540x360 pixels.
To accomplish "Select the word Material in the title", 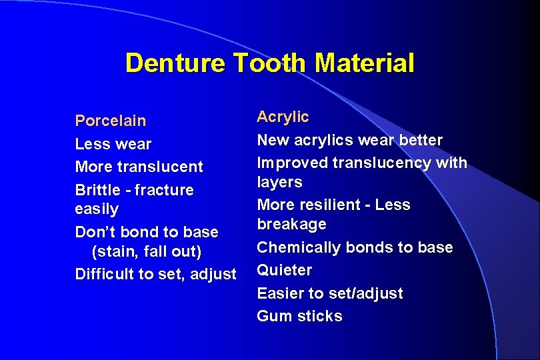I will point(365,63).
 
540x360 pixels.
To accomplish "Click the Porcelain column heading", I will point(111,121).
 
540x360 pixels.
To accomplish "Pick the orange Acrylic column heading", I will point(283,117).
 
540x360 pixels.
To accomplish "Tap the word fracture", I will point(164,190).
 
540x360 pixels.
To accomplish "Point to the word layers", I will point(279,182).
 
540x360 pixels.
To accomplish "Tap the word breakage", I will point(291,224).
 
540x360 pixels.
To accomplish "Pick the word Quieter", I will point(284,270).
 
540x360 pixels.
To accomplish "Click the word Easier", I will point(279,293).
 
